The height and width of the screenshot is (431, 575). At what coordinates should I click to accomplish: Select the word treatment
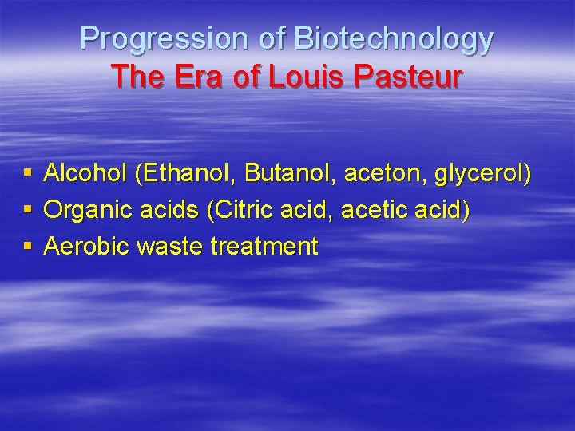264,246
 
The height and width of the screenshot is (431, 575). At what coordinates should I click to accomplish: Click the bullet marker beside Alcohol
28,173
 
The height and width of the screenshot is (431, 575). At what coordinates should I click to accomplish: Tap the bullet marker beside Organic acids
28,210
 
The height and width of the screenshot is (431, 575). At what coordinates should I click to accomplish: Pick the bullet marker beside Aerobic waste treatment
28,246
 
